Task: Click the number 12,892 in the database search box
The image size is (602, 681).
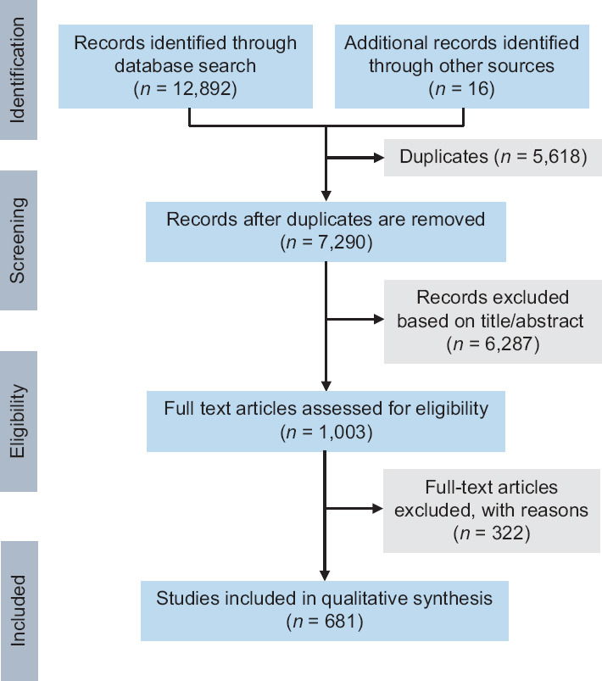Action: click(x=201, y=88)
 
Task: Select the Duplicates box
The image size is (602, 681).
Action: click(x=493, y=157)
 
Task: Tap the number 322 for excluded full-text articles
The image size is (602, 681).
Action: click(x=508, y=533)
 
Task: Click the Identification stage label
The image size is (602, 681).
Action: click(x=18, y=70)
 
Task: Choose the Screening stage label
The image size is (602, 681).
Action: click(x=18, y=240)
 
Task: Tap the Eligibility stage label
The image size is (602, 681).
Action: click(x=18, y=421)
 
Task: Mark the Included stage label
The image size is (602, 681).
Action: click(x=19, y=611)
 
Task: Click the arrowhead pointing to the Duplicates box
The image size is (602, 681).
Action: click(x=379, y=157)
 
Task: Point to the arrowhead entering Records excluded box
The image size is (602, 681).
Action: click(x=379, y=319)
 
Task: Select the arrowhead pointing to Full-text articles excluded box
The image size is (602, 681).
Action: click(x=378, y=509)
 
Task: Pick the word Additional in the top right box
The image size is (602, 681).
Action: click(x=384, y=43)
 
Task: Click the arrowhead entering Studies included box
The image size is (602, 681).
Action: click(x=325, y=576)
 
